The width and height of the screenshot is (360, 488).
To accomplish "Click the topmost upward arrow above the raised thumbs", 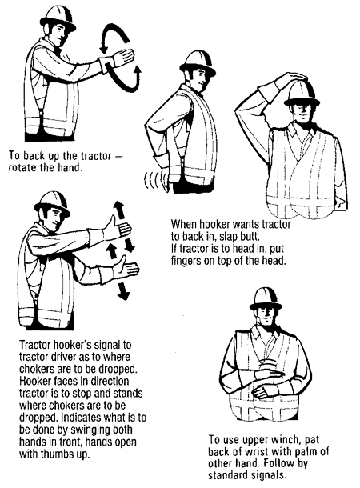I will coord(118,210).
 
